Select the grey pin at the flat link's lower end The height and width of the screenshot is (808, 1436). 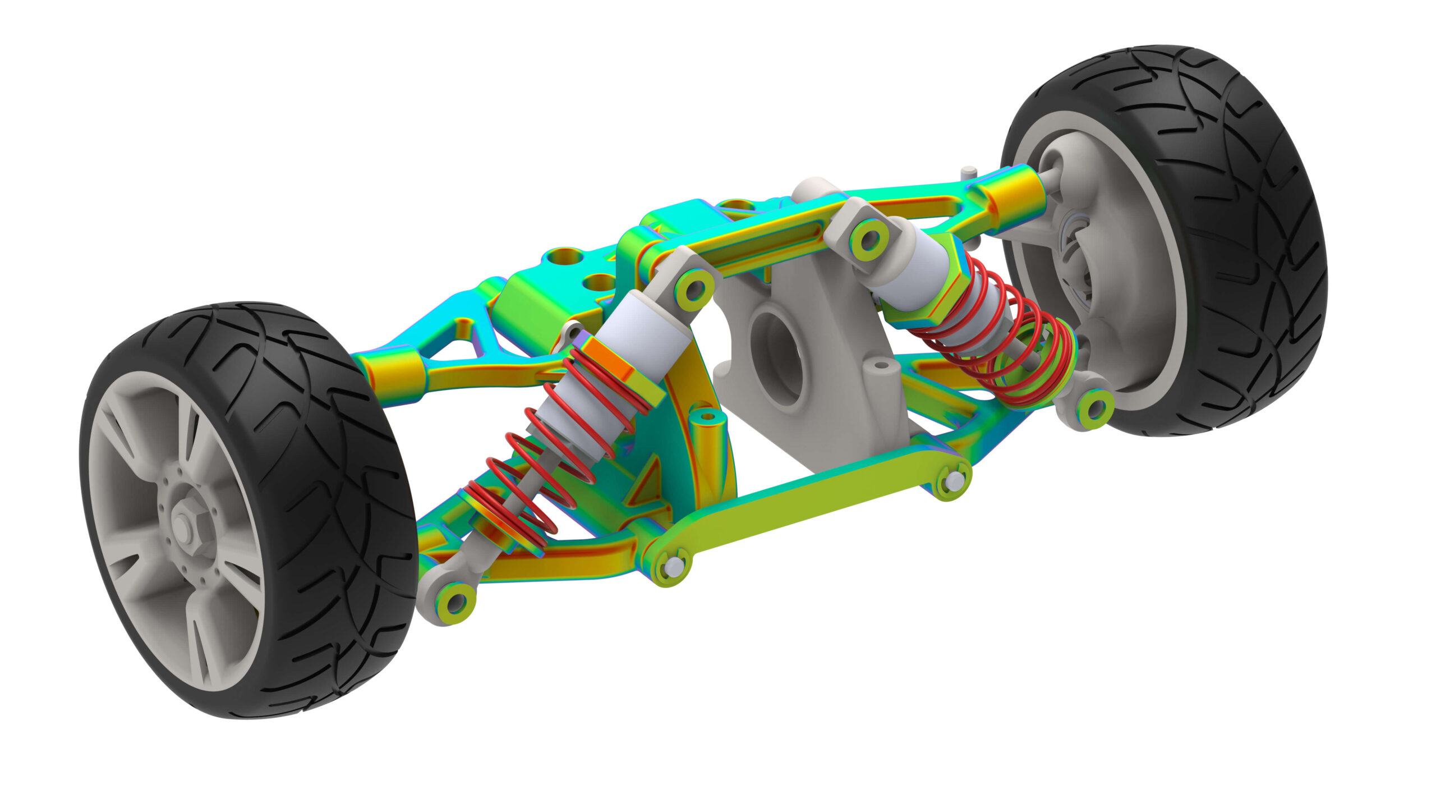click(671, 567)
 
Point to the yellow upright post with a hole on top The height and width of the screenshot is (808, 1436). click(707, 443)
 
